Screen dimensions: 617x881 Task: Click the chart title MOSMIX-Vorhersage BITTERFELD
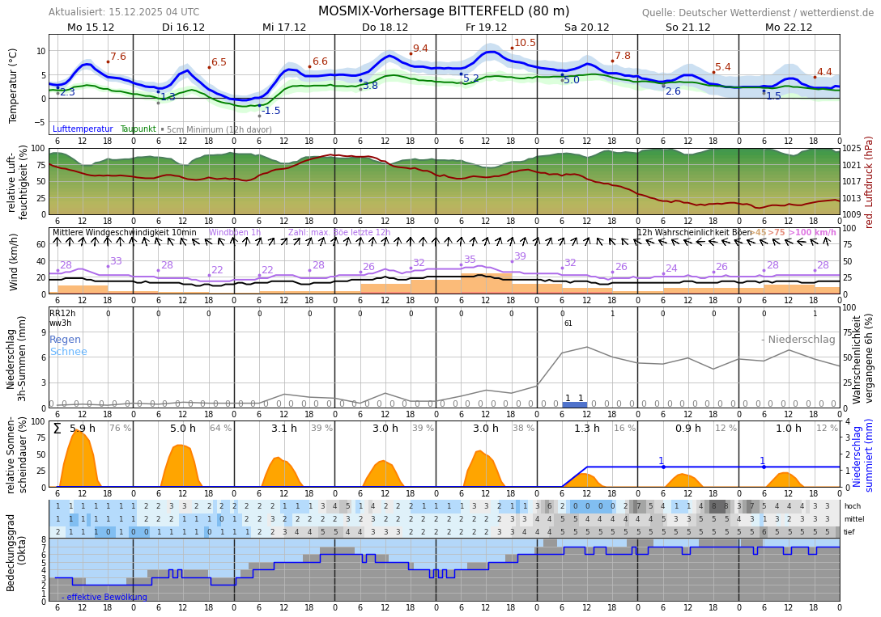coord(444,11)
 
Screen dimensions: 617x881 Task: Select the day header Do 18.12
coord(385,27)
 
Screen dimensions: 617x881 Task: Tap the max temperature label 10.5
coord(525,43)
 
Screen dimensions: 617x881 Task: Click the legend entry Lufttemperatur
coord(83,129)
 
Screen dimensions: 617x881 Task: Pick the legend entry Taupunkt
coord(138,129)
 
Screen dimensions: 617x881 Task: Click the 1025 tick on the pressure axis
coord(852,149)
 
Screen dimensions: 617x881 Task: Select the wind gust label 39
coord(520,256)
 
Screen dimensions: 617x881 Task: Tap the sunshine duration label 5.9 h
coord(83,429)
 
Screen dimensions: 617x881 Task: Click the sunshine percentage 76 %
coord(120,429)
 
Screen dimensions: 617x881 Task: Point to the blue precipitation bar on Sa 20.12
coord(574,404)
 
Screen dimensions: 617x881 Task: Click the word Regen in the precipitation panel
coord(65,340)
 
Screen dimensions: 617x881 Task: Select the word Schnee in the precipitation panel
coord(68,352)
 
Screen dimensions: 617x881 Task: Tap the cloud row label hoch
coord(852,506)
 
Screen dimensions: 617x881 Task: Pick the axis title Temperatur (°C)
coord(13,85)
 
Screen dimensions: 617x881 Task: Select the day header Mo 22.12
coord(788,27)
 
